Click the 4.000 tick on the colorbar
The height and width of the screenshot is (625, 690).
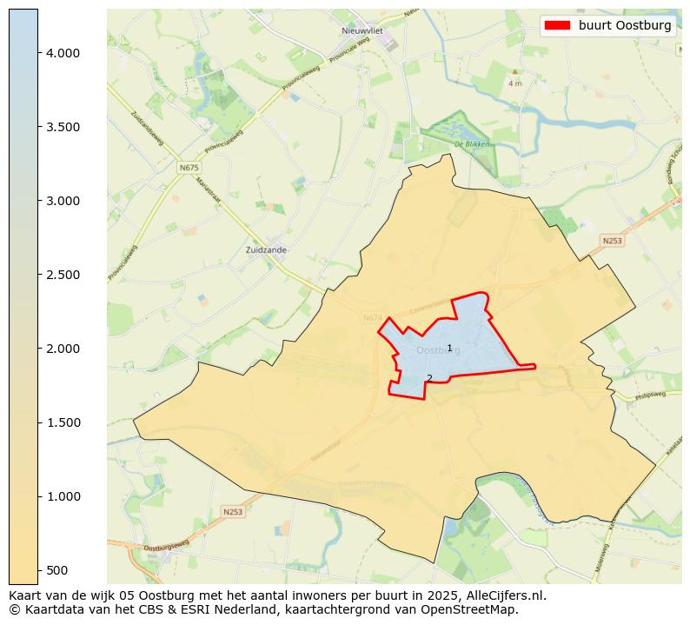[63, 53]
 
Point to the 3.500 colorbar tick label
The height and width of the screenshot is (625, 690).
[63, 127]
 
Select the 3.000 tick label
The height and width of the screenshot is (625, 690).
[63, 201]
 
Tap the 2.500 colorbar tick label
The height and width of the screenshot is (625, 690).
[63, 275]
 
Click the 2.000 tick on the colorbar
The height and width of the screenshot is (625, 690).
[63, 349]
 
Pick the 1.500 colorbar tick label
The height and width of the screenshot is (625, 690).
[63, 422]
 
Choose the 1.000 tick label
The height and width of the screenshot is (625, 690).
[63, 496]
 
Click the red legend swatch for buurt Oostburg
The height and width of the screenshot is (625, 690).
[557, 25]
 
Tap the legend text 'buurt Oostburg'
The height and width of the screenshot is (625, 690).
[625, 25]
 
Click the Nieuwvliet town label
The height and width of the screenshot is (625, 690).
[362, 30]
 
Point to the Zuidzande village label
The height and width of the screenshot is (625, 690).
[267, 249]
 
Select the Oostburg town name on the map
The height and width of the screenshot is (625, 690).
[438, 350]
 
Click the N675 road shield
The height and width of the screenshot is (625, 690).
[189, 167]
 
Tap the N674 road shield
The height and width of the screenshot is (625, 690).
[374, 318]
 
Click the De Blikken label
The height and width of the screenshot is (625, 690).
[472, 144]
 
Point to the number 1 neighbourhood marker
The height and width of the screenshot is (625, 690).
[449, 348]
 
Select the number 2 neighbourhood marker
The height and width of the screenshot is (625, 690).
[429, 378]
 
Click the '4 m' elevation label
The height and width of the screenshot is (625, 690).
[514, 83]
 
